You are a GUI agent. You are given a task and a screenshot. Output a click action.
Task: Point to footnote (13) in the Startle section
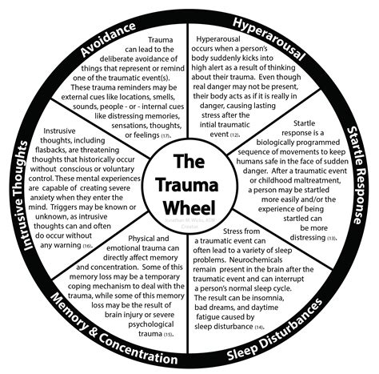click(331, 238)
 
